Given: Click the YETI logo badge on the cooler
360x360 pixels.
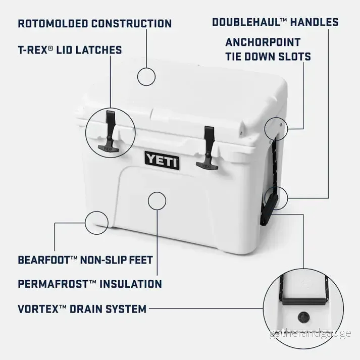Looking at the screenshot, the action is [x=162, y=160].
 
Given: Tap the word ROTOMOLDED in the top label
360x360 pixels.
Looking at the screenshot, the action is [x=53, y=24].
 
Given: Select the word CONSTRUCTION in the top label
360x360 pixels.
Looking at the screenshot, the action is [x=132, y=24].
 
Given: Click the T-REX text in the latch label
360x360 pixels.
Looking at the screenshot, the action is [x=33, y=50].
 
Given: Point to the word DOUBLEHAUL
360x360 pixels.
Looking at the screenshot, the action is [x=246, y=22].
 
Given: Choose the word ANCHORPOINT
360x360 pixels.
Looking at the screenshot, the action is [x=263, y=42].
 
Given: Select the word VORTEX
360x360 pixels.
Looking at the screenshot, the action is [x=38, y=309].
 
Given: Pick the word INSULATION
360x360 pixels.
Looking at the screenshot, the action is [x=131, y=284].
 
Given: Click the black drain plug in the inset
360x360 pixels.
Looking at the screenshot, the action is [x=304, y=318].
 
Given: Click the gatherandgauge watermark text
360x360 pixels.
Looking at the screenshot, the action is [x=311, y=333].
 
